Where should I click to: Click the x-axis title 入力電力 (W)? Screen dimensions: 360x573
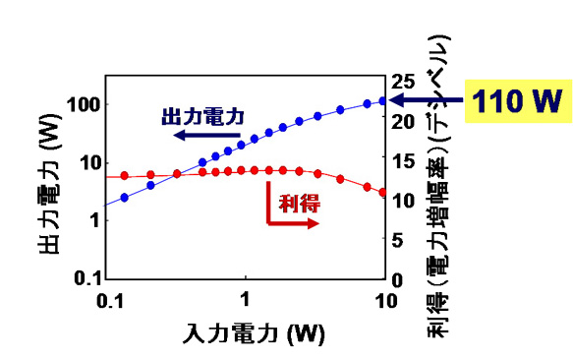click(x=254, y=332)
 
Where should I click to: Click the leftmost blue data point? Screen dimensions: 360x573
click(x=124, y=198)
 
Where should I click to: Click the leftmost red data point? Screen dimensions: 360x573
click(x=124, y=176)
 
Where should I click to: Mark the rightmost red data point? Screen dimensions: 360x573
click(x=383, y=192)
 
